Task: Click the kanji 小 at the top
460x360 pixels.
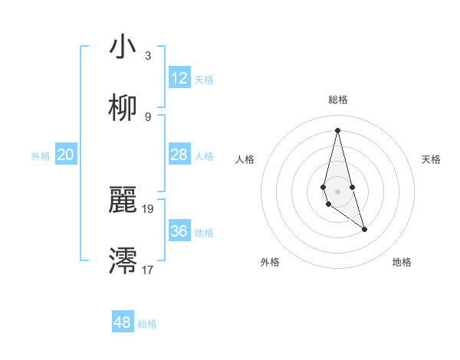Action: (x=123, y=47)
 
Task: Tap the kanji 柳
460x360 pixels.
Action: (x=123, y=108)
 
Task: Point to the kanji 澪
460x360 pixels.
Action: (x=123, y=261)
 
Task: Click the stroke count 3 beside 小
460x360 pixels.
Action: (x=147, y=55)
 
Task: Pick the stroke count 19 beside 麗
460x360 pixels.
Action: (x=148, y=208)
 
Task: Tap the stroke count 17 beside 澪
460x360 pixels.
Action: (x=148, y=270)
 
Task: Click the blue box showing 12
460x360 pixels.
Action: (x=179, y=78)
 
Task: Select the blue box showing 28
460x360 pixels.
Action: (x=179, y=155)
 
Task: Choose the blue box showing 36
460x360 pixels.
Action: (x=179, y=231)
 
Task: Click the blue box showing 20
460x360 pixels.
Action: (x=65, y=155)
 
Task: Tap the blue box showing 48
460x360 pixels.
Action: (x=122, y=322)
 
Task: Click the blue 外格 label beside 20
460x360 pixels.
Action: (x=41, y=156)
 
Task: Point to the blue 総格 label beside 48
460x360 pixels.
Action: (x=147, y=324)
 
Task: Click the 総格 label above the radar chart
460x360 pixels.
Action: (x=337, y=100)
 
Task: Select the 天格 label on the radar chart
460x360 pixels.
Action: (x=432, y=159)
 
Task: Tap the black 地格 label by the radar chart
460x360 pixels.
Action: (x=402, y=262)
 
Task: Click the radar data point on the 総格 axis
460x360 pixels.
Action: (x=337, y=129)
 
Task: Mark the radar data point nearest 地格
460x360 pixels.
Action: (x=364, y=229)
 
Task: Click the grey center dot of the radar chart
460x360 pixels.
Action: (x=337, y=191)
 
